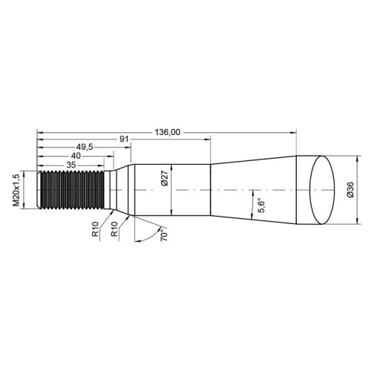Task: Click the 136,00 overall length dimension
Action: click(168, 132)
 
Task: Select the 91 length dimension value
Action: click(124, 139)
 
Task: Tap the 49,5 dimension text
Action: click(85, 147)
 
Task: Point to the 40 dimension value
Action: click(76, 156)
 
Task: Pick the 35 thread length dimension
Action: click(71, 165)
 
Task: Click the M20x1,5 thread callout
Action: click(16, 190)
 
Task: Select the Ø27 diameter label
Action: click(165, 179)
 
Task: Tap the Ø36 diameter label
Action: click(350, 189)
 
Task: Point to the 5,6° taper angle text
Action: click(261, 206)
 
